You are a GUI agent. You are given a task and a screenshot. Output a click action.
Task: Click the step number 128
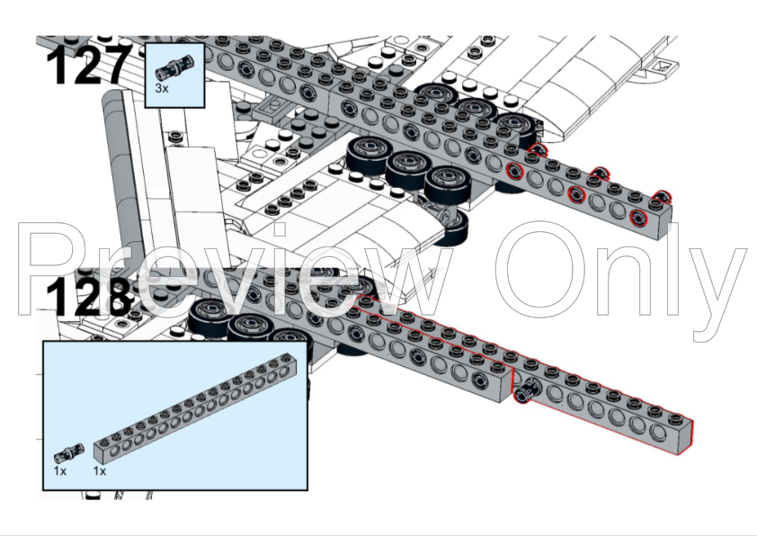pos(89,296)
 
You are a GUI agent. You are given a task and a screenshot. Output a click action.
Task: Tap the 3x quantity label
pos(162,88)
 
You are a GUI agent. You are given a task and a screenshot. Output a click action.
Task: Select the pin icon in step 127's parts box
pos(174,67)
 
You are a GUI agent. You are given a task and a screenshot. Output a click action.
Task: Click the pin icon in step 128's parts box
pos(68,453)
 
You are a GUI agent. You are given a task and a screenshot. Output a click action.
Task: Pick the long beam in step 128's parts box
pos(195,408)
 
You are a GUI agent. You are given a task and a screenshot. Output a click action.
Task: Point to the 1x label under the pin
pos(60,471)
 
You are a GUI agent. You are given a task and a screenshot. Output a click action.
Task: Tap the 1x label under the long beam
pos(100,471)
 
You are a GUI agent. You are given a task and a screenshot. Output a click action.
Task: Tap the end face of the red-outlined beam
pos(684,438)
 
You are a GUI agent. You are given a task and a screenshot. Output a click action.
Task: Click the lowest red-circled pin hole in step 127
pos(638,218)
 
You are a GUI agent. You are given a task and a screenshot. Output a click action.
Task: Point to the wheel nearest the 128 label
pos(209,314)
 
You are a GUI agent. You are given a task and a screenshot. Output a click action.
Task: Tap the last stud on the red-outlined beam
pos(674,417)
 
